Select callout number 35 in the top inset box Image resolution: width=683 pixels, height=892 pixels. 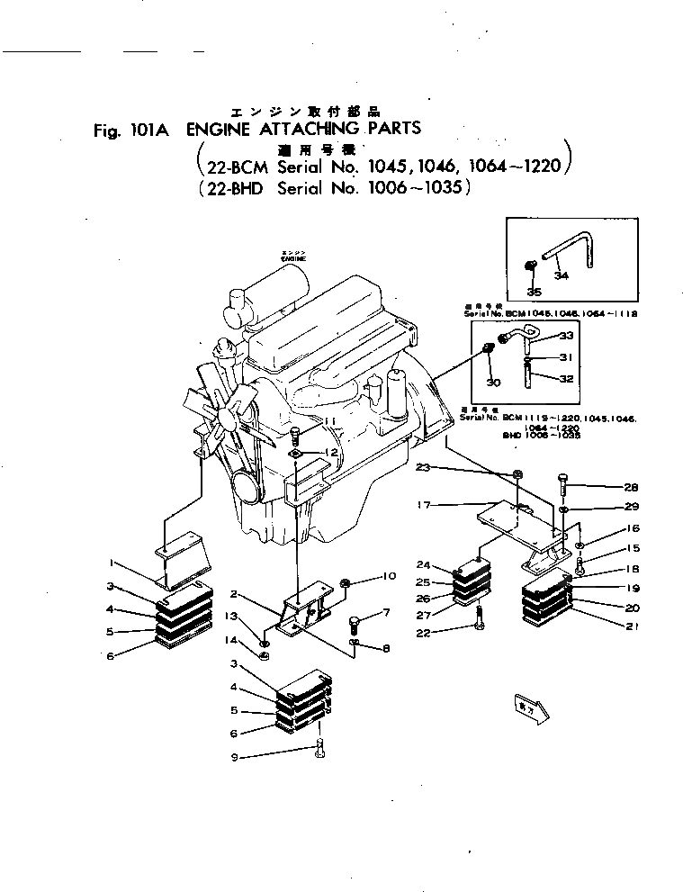point(535,292)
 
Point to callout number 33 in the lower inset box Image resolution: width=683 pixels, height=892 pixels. point(566,336)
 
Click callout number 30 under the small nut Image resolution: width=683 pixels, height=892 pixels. point(491,382)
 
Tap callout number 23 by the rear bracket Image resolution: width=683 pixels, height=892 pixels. point(424,467)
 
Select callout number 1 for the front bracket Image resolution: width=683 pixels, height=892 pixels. point(110,563)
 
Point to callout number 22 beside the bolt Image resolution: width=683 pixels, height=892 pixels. point(423,633)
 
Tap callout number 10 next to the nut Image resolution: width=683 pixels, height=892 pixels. point(390,576)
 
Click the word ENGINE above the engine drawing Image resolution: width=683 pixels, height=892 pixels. point(293,258)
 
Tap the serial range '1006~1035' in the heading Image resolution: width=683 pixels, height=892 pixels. point(413,189)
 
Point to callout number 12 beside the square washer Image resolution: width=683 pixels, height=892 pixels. point(332,452)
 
